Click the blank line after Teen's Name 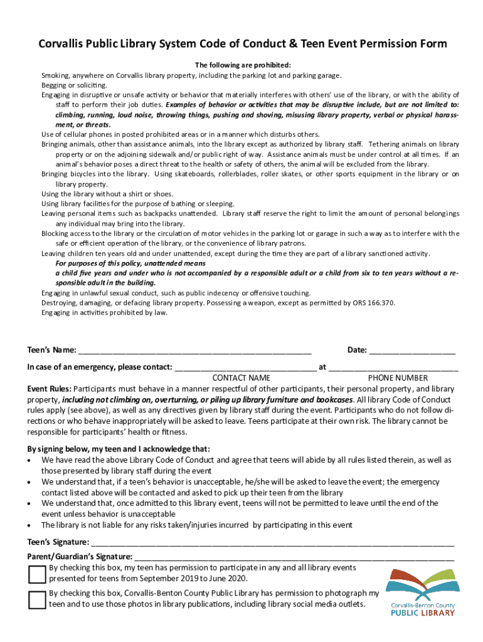(194, 351)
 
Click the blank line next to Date (412, 351)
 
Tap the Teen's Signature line (272, 544)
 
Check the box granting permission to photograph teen (36, 599)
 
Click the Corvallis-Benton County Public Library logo (422, 592)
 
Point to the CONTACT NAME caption (242, 378)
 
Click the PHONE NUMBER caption (398, 378)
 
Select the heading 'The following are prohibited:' (243, 65)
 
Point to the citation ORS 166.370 (373, 303)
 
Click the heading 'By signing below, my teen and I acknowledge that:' (119, 449)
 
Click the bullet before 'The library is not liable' (31, 525)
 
